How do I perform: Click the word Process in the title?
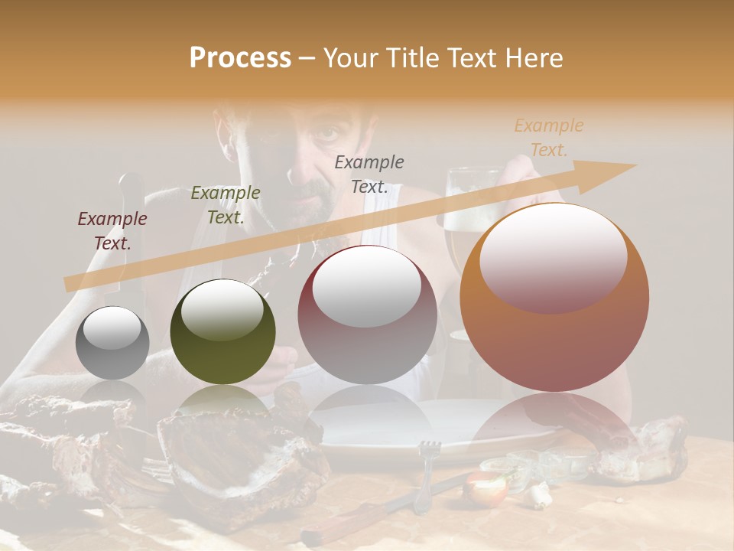240,58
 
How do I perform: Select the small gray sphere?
112,343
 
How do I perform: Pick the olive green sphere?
222,331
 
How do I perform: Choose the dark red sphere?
367,315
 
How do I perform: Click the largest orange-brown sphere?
554,297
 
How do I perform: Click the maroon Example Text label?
112,231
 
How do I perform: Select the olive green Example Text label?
225,205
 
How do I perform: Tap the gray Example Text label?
369,174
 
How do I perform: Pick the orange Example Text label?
549,138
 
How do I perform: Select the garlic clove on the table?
540,497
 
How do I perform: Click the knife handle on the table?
336,524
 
